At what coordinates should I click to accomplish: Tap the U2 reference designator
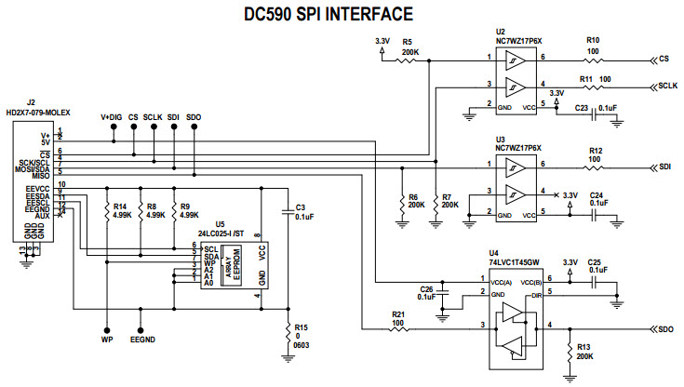pos(501,32)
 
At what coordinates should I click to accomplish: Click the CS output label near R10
pos(664,59)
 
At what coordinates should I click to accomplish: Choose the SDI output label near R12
pos(665,167)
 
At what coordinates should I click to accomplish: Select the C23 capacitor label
pos(582,109)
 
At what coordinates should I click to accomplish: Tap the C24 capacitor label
pos(597,195)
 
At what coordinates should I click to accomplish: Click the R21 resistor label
pos(398,314)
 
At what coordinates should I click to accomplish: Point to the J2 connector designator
pos(31,102)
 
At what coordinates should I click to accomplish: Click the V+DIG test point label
pos(113,116)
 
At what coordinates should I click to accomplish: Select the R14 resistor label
pos(119,207)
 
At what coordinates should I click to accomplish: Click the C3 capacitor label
pos(300,207)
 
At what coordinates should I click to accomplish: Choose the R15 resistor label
pos(300,327)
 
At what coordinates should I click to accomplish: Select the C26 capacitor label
pos(428,288)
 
